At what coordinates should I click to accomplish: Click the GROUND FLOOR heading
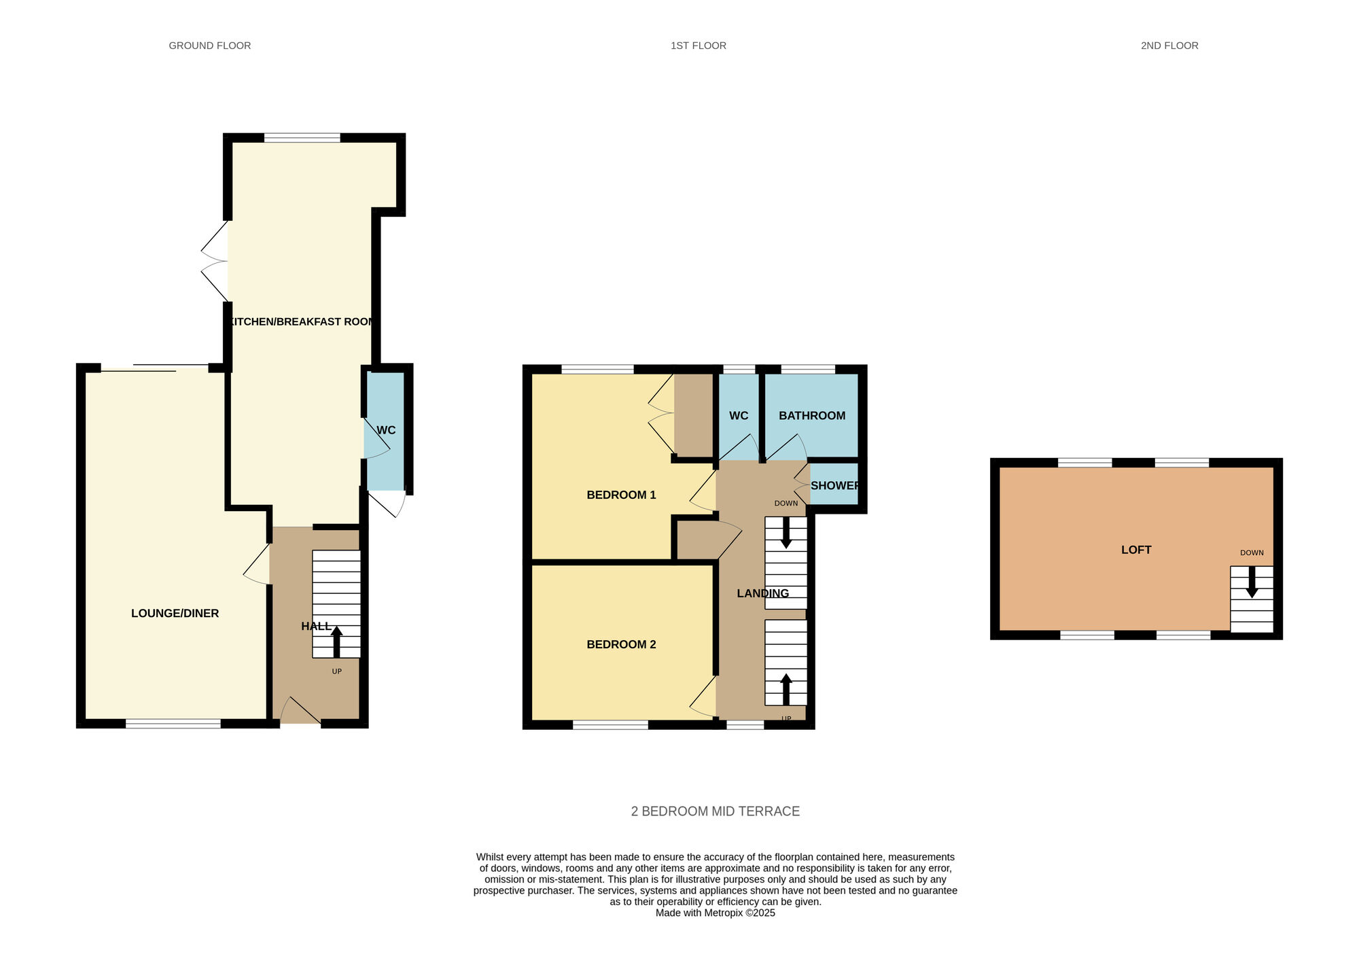[210, 46]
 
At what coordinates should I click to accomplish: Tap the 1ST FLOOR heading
[699, 46]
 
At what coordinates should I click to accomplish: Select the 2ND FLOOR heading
[1169, 46]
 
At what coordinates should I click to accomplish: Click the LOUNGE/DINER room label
[175, 613]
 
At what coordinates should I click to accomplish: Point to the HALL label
[317, 626]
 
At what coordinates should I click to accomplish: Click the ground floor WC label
[386, 430]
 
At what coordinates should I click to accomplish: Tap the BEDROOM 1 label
[621, 495]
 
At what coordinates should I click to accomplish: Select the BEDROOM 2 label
[621, 644]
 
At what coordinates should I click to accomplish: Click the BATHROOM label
[812, 415]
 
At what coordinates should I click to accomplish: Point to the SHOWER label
[835, 485]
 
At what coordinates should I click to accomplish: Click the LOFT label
[1136, 550]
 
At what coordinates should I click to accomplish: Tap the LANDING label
[763, 593]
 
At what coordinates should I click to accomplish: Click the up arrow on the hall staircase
[336, 642]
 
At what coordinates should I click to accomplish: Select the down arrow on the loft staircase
[1252, 582]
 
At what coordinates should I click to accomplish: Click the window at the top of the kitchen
[302, 138]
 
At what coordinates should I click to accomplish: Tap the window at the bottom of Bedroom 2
[610, 725]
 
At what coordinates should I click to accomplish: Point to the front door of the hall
[300, 710]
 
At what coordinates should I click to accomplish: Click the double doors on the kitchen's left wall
[215, 261]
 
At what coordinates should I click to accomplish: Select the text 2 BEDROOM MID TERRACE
[716, 811]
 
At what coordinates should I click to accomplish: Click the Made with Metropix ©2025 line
[716, 913]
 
